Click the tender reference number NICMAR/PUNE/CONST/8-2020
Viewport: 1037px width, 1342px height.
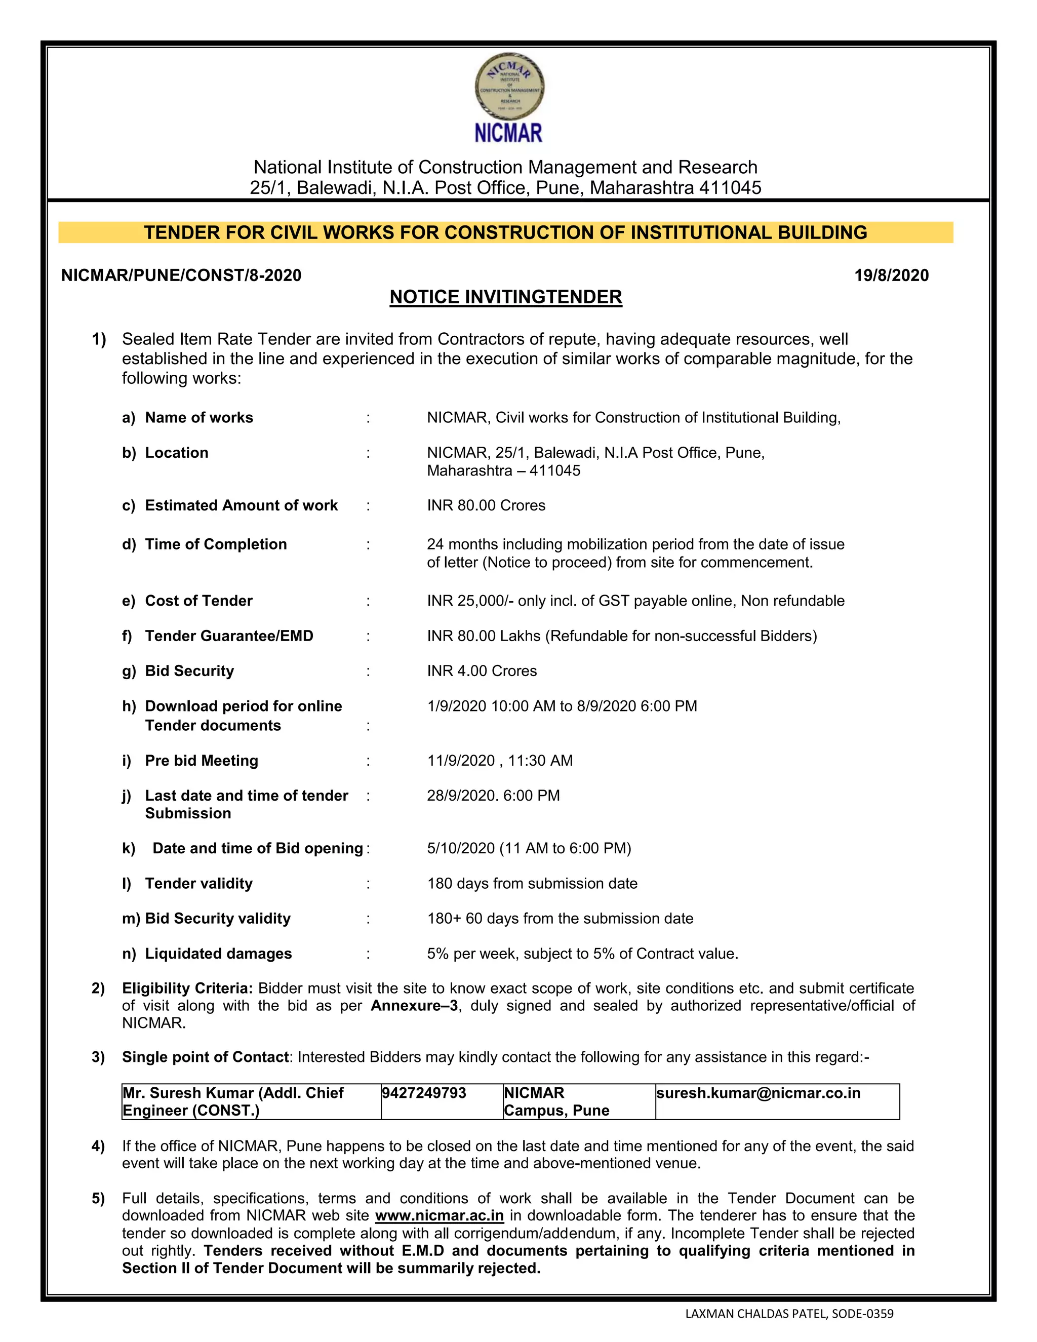[x=181, y=275]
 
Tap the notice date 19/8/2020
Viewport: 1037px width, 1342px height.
[x=891, y=275]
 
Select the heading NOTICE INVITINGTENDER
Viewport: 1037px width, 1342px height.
[x=506, y=297]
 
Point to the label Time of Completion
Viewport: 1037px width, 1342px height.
[x=216, y=544]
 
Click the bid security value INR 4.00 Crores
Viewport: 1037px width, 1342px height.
[x=482, y=670]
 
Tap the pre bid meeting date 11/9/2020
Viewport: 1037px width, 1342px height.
[x=461, y=760]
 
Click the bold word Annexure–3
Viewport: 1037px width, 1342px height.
[x=414, y=1005]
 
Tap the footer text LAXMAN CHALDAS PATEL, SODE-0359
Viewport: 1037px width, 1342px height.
[x=789, y=1313]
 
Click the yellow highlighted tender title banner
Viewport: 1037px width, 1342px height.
[x=506, y=232]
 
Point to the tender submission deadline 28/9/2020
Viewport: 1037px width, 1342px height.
[x=461, y=795]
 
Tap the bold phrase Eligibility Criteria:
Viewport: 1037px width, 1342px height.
[x=187, y=988]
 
